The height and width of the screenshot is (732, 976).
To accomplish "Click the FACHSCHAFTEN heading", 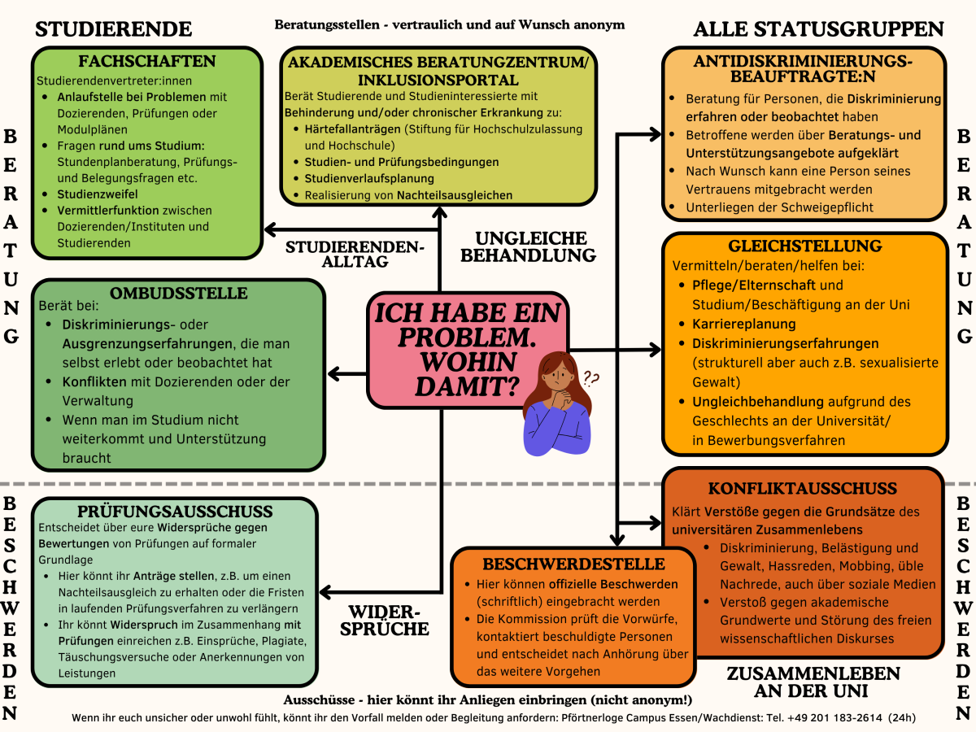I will point(147,62).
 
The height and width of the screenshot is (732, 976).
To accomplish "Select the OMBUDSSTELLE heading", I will point(179,293).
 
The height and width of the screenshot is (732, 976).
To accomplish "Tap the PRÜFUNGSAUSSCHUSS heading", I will point(175,512).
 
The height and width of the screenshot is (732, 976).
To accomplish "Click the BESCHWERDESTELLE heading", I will point(573,564).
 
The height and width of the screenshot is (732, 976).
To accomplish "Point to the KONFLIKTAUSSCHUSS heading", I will point(803,489).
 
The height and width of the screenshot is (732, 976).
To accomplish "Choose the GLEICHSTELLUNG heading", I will point(805,246).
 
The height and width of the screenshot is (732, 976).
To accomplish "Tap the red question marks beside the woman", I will point(590,378).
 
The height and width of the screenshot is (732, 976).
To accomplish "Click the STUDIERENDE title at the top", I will point(114,29).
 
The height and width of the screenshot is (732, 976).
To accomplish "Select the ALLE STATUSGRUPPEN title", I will point(818,29).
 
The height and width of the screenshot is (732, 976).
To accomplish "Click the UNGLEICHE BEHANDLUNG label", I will point(531,246).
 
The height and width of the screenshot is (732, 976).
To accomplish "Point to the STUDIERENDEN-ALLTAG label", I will point(355,255).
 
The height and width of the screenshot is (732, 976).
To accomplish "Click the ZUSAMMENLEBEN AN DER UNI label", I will point(813,682).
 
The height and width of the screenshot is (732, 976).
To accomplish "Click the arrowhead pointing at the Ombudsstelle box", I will point(333,374).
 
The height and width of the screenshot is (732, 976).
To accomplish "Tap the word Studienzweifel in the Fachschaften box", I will point(98,194).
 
